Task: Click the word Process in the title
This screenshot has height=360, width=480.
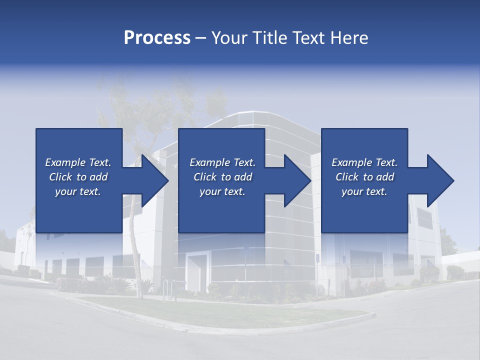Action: pyautogui.click(x=157, y=38)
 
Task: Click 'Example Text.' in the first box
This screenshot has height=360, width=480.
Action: pyautogui.click(x=78, y=162)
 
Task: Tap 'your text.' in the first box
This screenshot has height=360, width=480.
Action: pyautogui.click(x=78, y=191)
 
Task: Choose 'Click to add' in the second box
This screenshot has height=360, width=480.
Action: pyautogui.click(x=222, y=177)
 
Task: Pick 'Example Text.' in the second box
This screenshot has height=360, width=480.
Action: pyautogui.click(x=222, y=162)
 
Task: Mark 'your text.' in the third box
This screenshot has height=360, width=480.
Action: pyautogui.click(x=364, y=191)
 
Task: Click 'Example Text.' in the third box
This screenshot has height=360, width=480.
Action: pyautogui.click(x=364, y=162)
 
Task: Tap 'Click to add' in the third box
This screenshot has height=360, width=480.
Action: pyautogui.click(x=364, y=177)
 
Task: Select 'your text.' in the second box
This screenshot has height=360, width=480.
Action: pyautogui.click(x=222, y=191)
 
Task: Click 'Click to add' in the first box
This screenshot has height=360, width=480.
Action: pyautogui.click(x=78, y=177)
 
